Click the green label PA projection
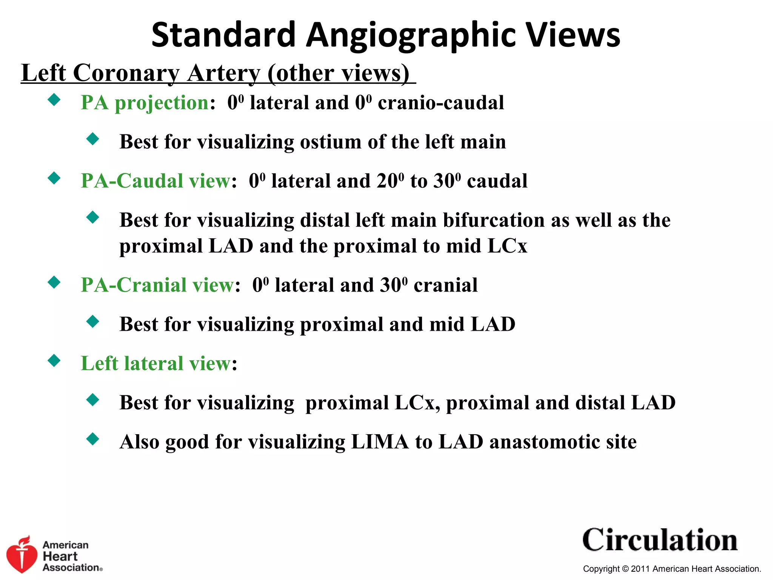pyautogui.click(x=145, y=103)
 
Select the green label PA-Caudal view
pyautogui.click(x=156, y=181)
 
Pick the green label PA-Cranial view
pyautogui.click(x=157, y=285)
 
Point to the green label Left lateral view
pyautogui.click(x=156, y=364)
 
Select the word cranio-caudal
pyautogui.click(x=441, y=103)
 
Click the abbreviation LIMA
pyautogui.click(x=380, y=442)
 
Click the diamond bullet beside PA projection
pyautogui.click(x=54, y=100)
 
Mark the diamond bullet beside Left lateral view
pyautogui.click(x=54, y=361)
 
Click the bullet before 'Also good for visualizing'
pyautogui.click(x=92, y=439)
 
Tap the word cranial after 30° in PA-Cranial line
pyautogui.click(x=445, y=285)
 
